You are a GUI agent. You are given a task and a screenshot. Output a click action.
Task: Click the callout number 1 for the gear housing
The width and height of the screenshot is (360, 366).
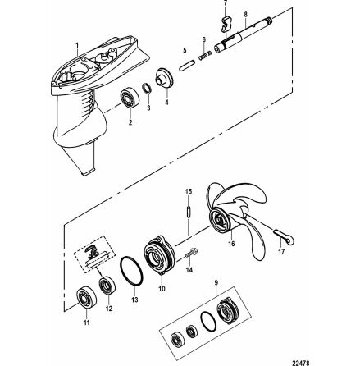pos(77,44)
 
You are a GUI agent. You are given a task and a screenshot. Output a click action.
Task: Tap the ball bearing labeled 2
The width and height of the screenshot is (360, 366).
pos(130,98)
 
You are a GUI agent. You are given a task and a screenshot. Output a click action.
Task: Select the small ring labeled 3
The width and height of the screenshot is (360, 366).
pos(148,89)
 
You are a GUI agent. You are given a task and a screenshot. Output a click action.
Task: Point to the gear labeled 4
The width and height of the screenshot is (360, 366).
pos(163,78)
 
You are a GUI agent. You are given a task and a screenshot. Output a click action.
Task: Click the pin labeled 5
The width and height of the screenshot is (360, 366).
pos(186,66)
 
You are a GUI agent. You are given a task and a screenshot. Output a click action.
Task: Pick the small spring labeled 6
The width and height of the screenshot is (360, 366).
pos(205,56)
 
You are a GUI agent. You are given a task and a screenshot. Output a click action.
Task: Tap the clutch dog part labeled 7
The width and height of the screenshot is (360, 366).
pos(226,23)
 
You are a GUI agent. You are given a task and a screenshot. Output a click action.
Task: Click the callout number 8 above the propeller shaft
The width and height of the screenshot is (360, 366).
pos(246,15)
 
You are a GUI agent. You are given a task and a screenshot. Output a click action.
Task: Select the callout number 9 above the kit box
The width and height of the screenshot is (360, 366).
pos(216,282)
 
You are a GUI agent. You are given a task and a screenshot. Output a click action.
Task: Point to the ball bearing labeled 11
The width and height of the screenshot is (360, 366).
pos(86,299)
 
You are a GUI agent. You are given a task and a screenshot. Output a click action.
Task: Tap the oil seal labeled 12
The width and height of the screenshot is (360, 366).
pos(107,285)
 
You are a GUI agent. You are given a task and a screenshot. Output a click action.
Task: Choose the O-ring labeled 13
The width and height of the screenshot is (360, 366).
pos(131,271)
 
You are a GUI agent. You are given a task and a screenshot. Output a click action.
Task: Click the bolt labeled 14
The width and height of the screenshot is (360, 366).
pos(192,253)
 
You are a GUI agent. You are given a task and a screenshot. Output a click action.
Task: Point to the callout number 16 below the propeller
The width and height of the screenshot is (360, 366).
pos(231,244)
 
